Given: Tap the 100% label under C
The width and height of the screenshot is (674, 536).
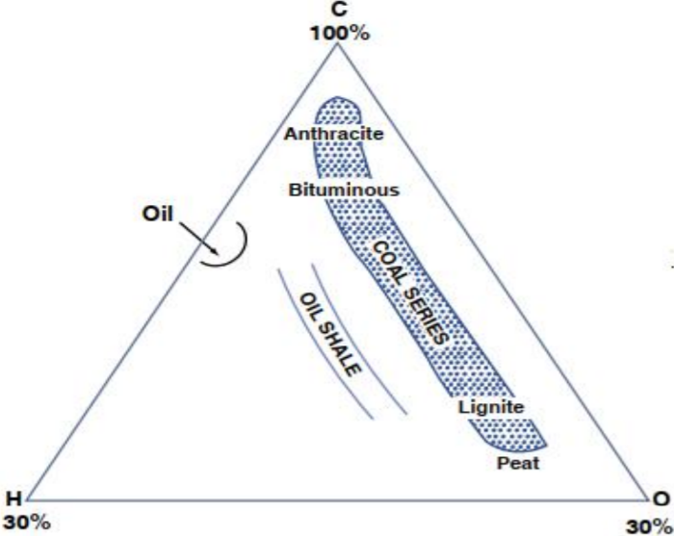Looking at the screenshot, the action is pos(339,33).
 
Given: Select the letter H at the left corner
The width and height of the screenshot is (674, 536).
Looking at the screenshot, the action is pos(13,498).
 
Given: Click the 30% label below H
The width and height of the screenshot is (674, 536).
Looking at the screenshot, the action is pos(19,523).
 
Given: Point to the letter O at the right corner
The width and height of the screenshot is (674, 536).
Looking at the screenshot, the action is pos(661,498).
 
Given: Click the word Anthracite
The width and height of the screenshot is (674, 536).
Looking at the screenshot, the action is pos(333,134).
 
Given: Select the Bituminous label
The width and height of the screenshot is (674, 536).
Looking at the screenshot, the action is pos(344,190).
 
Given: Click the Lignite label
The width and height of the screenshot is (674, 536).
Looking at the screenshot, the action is pos(491,407).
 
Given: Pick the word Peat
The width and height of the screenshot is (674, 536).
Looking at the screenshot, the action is pos(519,464).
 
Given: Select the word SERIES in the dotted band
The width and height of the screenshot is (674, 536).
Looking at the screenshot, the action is pos(424,319).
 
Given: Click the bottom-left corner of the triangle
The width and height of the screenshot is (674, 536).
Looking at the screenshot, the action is pos(26,499).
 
